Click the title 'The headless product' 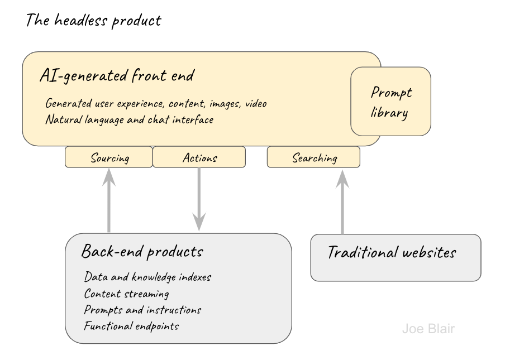click(93, 21)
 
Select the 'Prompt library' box click(390, 102)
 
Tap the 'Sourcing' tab click(109, 158)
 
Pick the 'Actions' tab click(199, 158)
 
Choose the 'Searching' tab click(314, 158)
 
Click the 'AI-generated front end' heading click(117, 76)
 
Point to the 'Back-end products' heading click(142, 252)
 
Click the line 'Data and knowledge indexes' click(147, 277)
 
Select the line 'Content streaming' click(126, 294)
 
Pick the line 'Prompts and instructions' click(142, 310)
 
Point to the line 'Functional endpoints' click(131, 326)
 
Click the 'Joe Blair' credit click(428, 329)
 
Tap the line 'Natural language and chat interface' click(130, 119)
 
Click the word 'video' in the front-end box click(256, 104)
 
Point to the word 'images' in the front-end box click(223, 104)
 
